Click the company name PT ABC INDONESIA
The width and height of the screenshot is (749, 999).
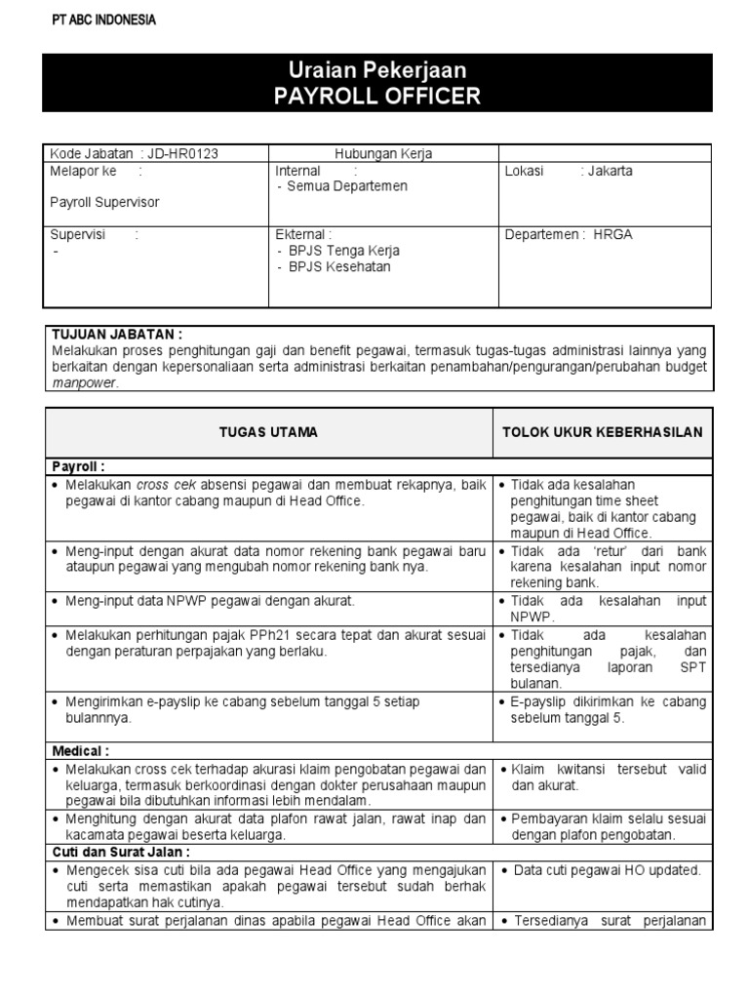tap(102, 20)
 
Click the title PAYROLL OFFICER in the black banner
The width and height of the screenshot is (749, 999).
tap(377, 97)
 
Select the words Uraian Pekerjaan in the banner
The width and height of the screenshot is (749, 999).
tap(377, 70)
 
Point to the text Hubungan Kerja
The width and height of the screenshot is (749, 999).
tap(383, 153)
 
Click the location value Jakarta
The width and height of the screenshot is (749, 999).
tap(610, 171)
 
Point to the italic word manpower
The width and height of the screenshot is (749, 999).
tap(84, 383)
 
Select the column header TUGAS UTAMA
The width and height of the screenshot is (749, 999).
tap(269, 431)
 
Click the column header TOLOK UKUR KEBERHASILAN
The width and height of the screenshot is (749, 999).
tap(602, 431)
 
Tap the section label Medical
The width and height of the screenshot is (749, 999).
tap(80, 752)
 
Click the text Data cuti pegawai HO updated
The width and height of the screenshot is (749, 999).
tap(607, 870)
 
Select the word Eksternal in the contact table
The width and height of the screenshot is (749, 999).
tap(302, 234)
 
